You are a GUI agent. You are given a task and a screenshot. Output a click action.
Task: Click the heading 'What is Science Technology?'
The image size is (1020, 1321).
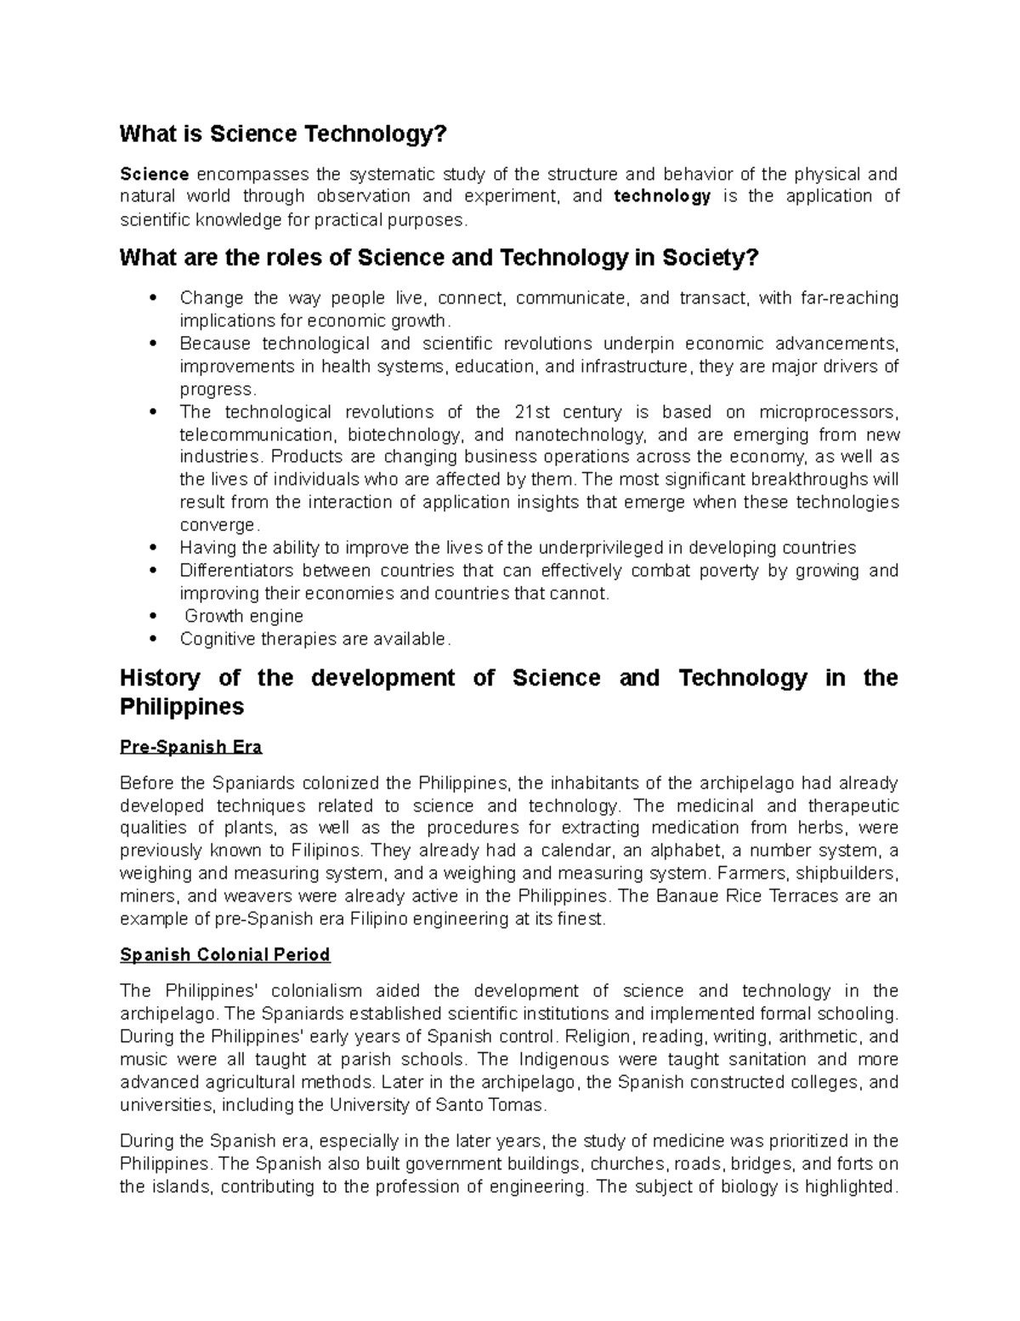282,134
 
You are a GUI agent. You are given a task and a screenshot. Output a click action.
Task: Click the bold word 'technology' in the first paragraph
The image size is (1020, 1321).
662,196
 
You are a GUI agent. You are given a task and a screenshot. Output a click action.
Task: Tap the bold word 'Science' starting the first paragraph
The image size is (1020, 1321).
154,174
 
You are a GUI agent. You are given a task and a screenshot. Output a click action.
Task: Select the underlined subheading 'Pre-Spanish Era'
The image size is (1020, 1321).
191,748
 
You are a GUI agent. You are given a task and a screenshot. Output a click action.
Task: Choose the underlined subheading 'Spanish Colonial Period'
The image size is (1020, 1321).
225,955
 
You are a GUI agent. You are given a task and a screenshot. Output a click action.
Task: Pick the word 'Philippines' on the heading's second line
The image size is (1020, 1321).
182,707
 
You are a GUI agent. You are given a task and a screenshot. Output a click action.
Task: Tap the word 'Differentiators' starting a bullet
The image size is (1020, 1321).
236,570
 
